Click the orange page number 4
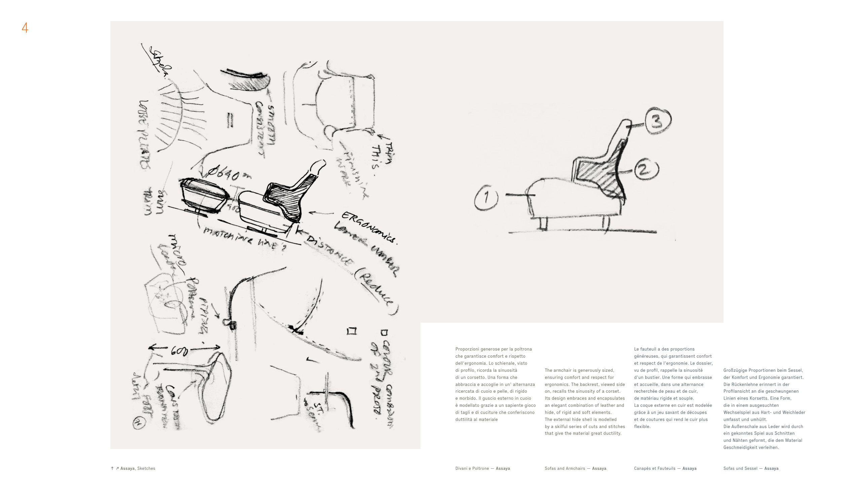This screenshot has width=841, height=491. (x=25, y=28)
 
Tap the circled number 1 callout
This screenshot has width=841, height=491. (x=486, y=198)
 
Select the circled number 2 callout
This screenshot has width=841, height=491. (x=646, y=169)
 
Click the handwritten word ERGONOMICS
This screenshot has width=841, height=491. (x=369, y=227)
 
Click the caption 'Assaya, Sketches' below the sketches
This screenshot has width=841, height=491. (x=137, y=468)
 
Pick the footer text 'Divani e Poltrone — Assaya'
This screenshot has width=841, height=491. (x=482, y=468)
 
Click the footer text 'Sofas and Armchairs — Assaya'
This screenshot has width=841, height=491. (x=575, y=468)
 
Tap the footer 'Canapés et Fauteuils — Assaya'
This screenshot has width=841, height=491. (x=665, y=468)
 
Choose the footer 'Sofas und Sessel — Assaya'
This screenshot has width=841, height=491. (x=751, y=468)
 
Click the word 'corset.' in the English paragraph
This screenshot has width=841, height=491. (x=613, y=391)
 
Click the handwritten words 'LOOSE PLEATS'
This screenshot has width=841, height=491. (x=144, y=135)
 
